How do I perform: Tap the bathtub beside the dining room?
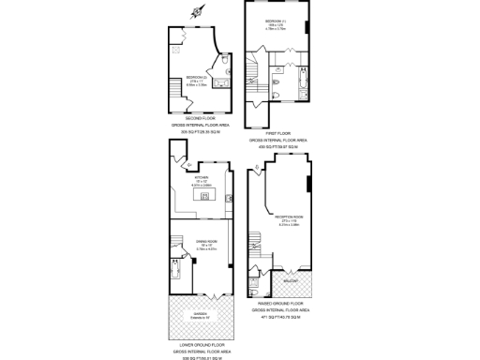177,274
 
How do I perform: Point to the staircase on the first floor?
252,71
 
